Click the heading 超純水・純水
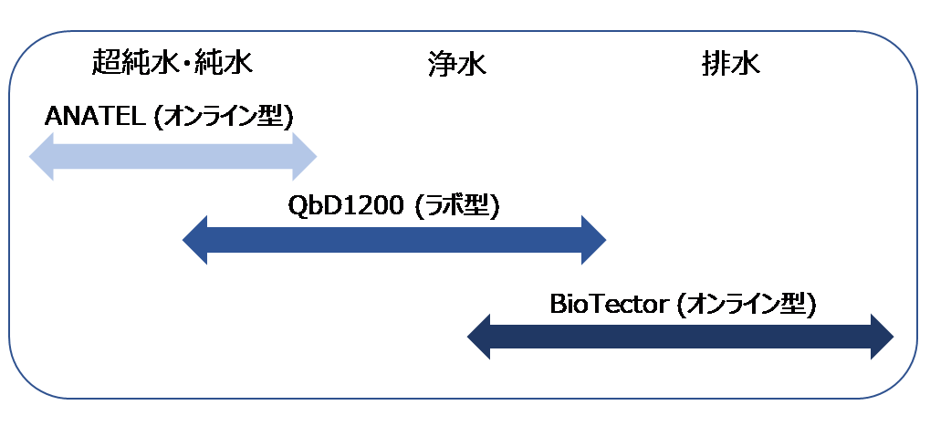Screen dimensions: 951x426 (172, 62)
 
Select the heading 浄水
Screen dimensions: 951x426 (456, 64)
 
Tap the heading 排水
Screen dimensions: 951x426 (731, 63)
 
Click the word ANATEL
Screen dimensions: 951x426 (95, 117)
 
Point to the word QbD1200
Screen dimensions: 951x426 (345, 207)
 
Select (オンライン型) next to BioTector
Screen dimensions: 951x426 (746, 305)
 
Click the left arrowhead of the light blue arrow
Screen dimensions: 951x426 (41, 157)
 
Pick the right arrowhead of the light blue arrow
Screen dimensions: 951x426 (305, 157)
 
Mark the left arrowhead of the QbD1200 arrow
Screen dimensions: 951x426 (194, 240)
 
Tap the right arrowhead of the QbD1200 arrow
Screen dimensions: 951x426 (594, 240)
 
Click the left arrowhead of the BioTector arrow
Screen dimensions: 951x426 (478, 337)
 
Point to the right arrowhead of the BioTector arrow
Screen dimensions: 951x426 (883, 337)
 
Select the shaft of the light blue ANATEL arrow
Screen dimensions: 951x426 (172, 157)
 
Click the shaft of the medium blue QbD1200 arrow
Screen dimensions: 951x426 (394, 240)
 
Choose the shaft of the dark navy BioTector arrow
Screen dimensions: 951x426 (681, 337)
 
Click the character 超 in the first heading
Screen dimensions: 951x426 (106, 62)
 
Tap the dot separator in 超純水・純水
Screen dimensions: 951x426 (187, 64)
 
